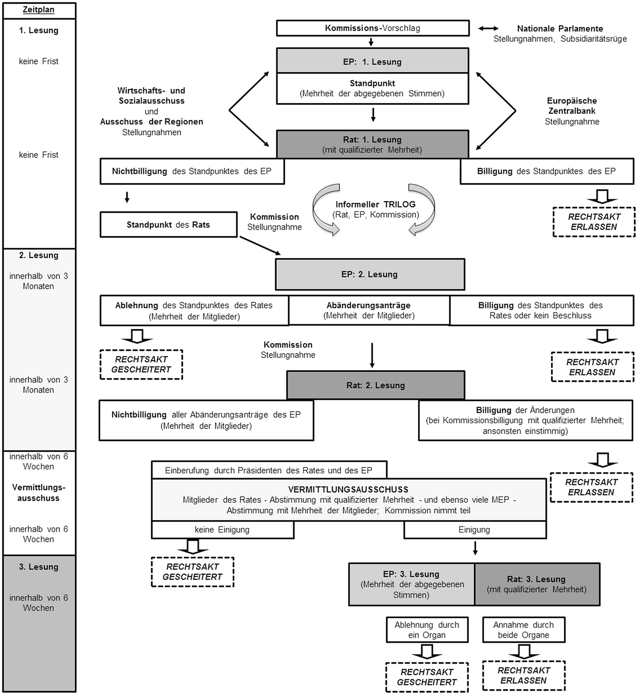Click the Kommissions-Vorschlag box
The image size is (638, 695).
pyautogui.click(x=373, y=28)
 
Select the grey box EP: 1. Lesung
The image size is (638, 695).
pyautogui.click(x=373, y=62)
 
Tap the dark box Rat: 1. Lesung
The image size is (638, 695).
pyautogui.click(x=373, y=144)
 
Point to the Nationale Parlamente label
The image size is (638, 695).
pyautogui.click(x=560, y=29)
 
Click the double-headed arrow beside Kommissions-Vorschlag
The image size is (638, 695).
pyautogui.click(x=488, y=29)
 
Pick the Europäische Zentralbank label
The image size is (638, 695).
pyautogui.click(x=572, y=106)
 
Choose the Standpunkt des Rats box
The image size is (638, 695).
pyautogui.click(x=168, y=225)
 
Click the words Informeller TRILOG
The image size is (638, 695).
pyautogui.click(x=375, y=204)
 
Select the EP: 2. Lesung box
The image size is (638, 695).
pyautogui.click(x=370, y=274)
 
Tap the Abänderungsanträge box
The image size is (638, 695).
pyautogui.click(x=369, y=310)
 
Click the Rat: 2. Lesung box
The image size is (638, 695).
pyautogui.click(x=375, y=385)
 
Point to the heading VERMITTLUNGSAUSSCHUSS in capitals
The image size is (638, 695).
pyautogui.click(x=348, y=489)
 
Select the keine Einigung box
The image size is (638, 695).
pyautogui.click(x=222, y=530)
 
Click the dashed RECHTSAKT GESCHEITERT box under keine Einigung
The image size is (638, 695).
pyautogui.click(x=193, y=572)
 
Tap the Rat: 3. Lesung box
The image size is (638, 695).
pyautogui.click(x=537, y=584)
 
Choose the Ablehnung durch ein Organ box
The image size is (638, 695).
pyautogui.click(x=427, y=630)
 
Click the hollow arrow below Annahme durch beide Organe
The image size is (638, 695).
pyautogui.click(x=524, y=651)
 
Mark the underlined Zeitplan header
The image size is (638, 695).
pyautogui.click(x=38, y=10)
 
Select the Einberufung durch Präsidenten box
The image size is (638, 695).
pyautogui.click(x=269, y=470)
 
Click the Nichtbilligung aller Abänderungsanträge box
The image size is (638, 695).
pyautogui.click(x=206, y=420)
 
